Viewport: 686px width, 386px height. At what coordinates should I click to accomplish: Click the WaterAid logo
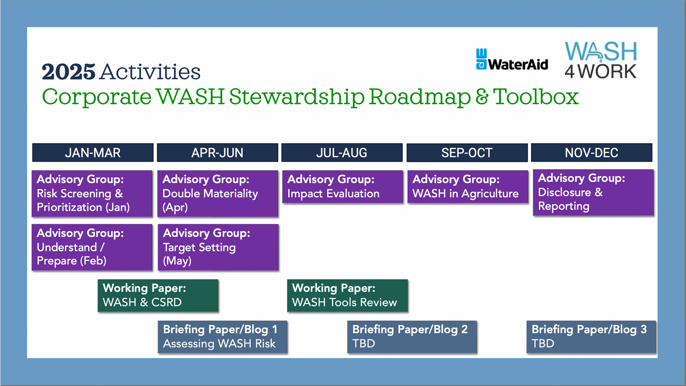[512, 59]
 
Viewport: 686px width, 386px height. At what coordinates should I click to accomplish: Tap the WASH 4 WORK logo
[601, 60]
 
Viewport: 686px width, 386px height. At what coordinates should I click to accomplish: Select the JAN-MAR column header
[93, 153]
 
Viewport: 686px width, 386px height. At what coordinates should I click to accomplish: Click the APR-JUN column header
[217, 153]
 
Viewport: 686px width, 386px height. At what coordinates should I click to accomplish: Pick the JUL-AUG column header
[342, 153]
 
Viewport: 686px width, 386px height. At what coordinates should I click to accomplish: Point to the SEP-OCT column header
[467, 153]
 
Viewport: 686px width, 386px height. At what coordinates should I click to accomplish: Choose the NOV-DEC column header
[592, 153]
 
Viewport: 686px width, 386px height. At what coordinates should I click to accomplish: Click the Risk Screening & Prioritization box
[92, 194]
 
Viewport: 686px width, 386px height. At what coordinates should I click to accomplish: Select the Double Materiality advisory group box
[218, 194]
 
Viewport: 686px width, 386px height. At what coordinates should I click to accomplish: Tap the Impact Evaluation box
[342, 187]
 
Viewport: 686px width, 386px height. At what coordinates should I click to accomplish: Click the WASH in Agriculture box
[468, 187]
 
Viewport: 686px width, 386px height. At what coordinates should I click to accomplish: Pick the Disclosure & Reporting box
[593, 192]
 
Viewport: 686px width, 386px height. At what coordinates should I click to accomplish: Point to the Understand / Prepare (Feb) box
[92, 247]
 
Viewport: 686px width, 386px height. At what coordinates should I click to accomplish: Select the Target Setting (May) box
[218, 247]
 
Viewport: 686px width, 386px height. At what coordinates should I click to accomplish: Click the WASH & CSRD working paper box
[158, 296]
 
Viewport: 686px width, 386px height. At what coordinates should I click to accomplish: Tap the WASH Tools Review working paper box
[347, 296]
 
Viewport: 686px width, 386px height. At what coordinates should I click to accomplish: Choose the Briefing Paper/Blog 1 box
[222, 337]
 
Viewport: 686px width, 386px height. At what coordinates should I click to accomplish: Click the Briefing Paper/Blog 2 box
[412, 337]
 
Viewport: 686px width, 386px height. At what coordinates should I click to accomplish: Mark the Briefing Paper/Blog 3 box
[591, 337]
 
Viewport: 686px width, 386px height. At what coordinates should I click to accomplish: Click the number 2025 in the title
[69, 72]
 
